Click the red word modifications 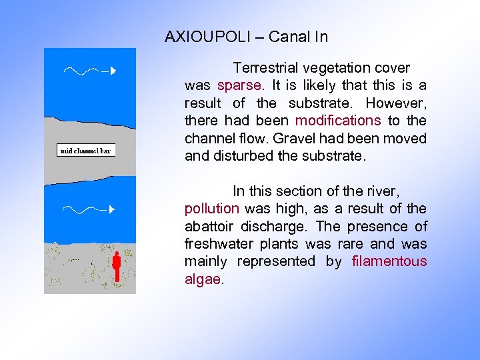point(338,121)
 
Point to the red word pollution point(211,209)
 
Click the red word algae point(202,279)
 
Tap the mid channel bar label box point(86,151)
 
